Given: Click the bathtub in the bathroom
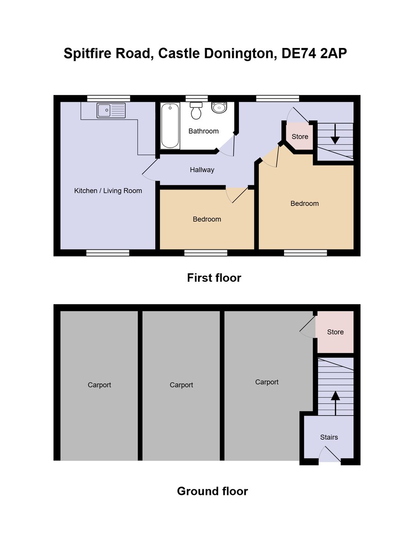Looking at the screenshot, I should click(x=170, y=125).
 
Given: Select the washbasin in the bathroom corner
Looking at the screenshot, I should click(x=219, y=107).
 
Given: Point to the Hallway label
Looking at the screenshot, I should click(x=202, y=170).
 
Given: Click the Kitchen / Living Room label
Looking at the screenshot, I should click(x=108, y=190).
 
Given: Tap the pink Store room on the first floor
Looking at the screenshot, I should click(x=300, y=136).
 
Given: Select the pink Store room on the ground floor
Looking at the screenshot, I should click(x=335, y=332).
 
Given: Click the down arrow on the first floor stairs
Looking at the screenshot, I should click(x=335, y=134).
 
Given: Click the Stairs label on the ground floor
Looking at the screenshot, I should click(x=329, y=437).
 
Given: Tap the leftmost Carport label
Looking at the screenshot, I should click(x=99, y=385).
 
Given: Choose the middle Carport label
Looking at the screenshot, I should click(x=181, y=385).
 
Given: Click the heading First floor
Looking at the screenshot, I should click(x=214, y=277).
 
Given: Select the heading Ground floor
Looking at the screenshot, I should click(x=212, y=491).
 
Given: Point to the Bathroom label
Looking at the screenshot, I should click(x=203, y=131).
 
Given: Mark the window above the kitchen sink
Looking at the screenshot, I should click(x=109, y=98).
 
